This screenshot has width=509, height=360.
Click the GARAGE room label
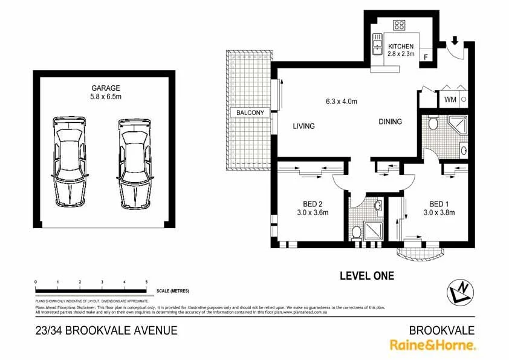click(106, 88)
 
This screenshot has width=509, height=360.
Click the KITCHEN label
click(401, 46)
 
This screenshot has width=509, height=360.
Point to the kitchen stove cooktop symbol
click(399, 25)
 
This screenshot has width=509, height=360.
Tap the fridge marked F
click(426, 57)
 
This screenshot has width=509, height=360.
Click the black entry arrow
click(455, 42)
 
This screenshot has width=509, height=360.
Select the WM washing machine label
click(450, 99)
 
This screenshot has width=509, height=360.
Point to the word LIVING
click(304, 126)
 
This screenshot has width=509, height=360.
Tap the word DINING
click(390, 122)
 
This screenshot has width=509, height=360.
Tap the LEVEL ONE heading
click(366, 276)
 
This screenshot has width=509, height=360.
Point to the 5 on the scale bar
click(146, 283)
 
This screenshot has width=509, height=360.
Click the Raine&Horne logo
click(432, 345)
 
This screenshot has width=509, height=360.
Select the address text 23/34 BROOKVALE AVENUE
click(106, 330)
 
